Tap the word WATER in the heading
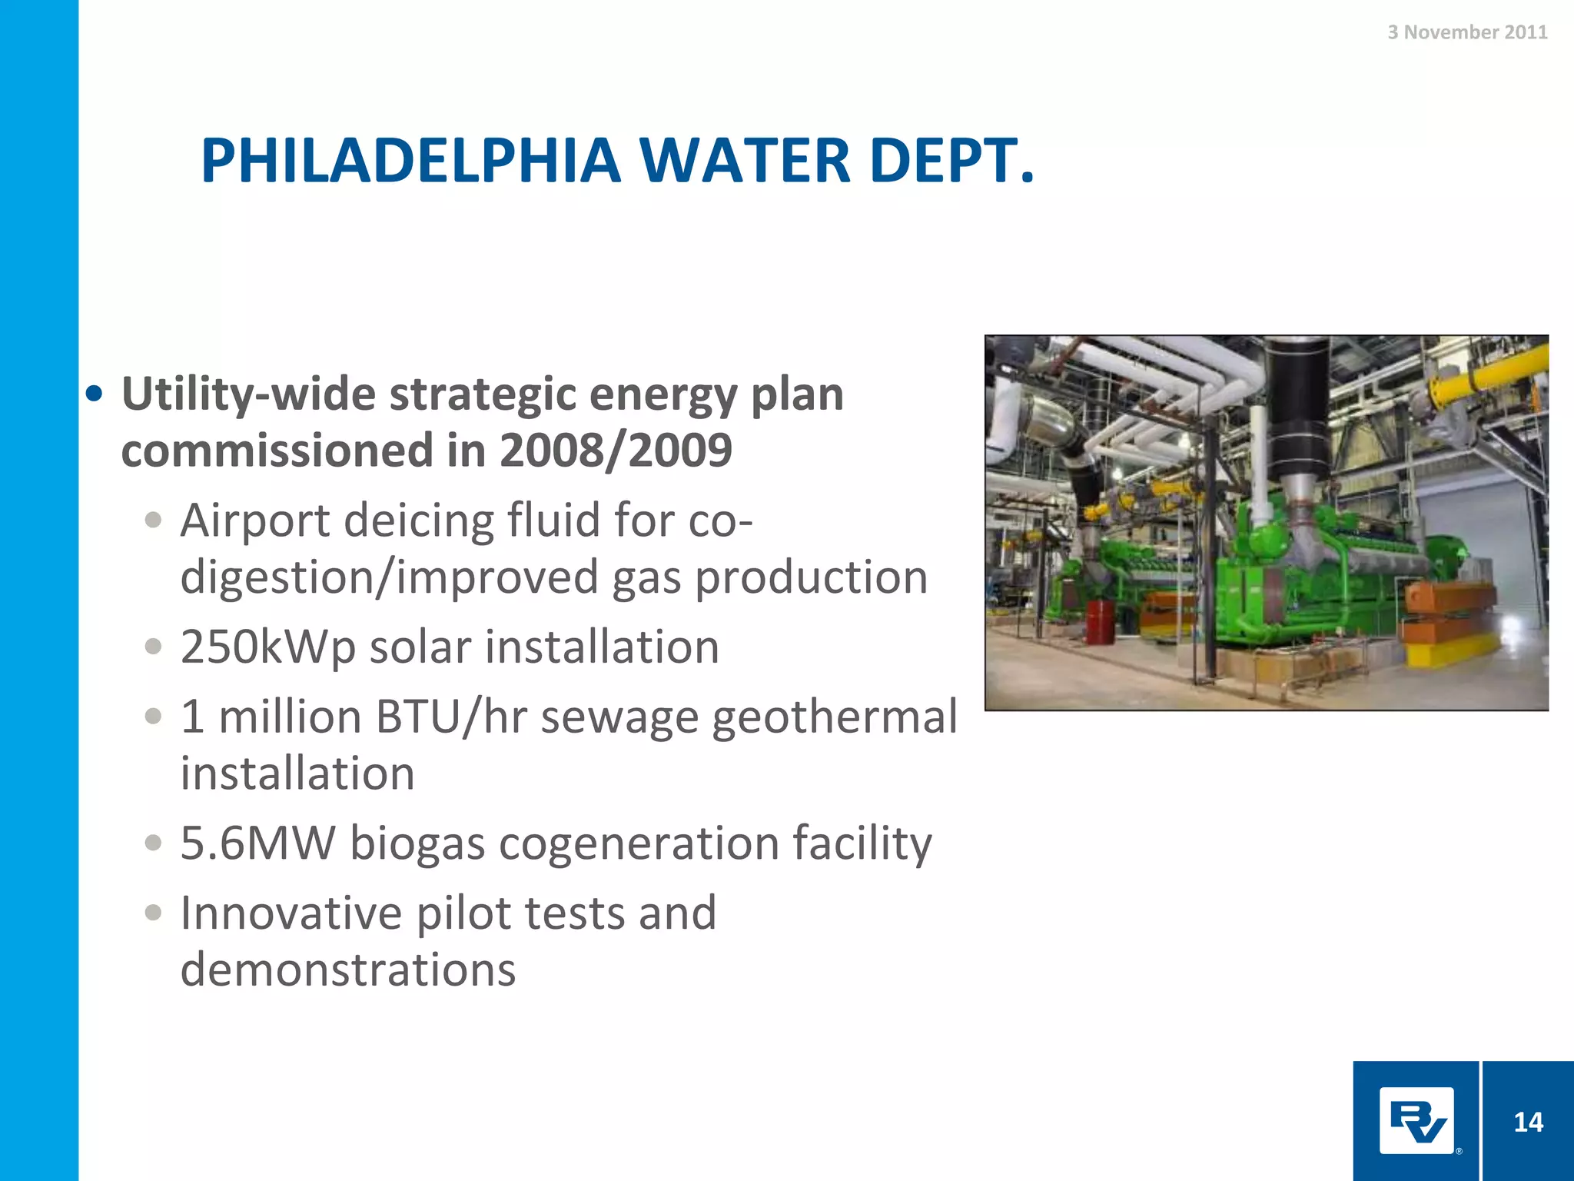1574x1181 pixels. pos(745,161)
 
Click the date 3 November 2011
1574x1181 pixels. pos(1467,32)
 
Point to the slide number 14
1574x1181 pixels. pos(1528,1123)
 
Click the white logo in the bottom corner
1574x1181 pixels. pos(1416,1121)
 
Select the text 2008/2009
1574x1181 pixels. pos(616,450)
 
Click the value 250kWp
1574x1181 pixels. pos(267,647)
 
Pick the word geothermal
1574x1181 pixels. pos(835,718)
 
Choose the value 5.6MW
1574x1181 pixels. pos(257,843)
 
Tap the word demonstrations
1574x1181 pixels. pos(347,970)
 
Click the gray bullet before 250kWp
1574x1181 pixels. pos(153,647)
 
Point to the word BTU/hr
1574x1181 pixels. pos(451,718)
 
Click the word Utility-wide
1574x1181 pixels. pos(249,394)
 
